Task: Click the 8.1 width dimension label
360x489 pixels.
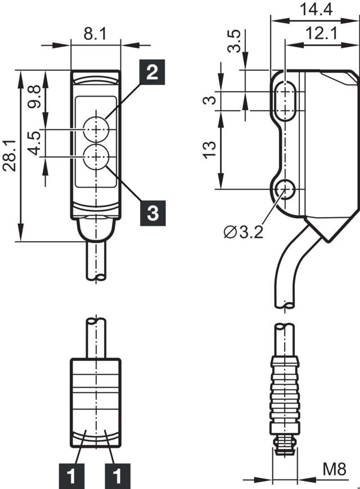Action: (x=94, y=34)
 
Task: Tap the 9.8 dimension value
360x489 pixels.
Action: (x=35, y=97)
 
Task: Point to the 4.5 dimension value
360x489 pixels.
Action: (x=35, y=143)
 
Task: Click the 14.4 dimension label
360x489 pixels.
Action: (x=316, y=9)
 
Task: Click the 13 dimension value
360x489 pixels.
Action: (x=210, y=149)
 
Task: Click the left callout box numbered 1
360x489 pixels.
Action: (x=71, y=477)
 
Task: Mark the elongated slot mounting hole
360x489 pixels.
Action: (x=287, y=101)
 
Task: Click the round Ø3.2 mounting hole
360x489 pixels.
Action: (x=287, y=189)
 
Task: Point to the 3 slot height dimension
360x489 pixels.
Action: (x=210, y=100)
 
